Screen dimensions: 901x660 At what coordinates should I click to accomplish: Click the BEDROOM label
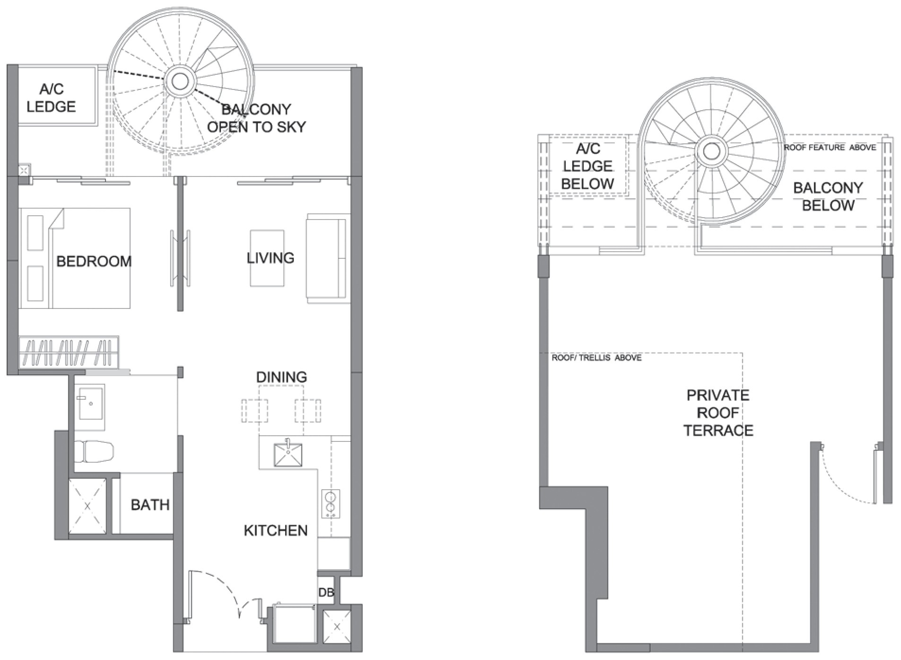(x=94, y=261)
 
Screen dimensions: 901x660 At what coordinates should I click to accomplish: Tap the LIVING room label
(x=271, y=258)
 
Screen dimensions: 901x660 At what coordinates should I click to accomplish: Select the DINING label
(x=281, y=377)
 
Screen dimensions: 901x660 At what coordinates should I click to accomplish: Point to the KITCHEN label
(x=276, y=530)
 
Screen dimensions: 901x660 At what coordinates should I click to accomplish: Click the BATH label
(x=150, y=505)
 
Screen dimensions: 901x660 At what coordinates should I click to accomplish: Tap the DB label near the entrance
(x=326, y=592)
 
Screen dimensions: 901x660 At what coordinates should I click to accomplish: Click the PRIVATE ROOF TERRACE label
(x=718, y=413)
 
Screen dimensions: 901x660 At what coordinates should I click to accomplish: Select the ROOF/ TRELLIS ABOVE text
(x=596, y=358)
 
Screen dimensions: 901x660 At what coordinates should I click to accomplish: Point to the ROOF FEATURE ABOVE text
(x=830, y=148)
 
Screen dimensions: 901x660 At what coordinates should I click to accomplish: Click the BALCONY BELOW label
(x=828, y=196)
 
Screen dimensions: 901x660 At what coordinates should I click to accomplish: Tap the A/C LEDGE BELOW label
(x=588, y=166)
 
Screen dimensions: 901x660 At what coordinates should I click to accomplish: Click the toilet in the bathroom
(x=94, y=452)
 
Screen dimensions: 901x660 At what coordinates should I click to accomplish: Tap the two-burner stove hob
(x=331, y=503)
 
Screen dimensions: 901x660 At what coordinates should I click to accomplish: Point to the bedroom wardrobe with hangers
(x=69, y=352)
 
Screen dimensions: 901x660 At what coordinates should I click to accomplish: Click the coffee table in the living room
(x=267, y=258)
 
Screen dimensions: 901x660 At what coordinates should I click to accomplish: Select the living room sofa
(x=328, y=258)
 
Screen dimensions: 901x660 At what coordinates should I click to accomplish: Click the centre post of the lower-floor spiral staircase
(x=180, y=81)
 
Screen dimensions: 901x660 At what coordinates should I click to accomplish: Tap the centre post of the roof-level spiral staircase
(x=710, y=151)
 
